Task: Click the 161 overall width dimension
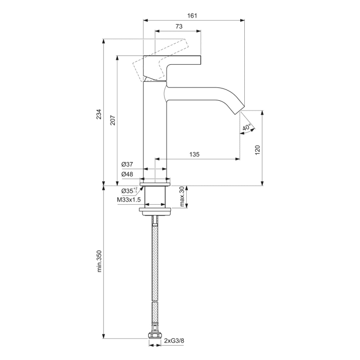192,16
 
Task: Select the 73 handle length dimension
178,26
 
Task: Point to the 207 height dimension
112,120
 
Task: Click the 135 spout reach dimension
194,154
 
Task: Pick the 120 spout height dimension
258,149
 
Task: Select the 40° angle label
247,127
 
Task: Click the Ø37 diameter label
127,164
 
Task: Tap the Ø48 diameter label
127,174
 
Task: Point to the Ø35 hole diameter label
129,190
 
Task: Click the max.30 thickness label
182,197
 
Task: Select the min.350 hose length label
100,261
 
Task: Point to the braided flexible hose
154,273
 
